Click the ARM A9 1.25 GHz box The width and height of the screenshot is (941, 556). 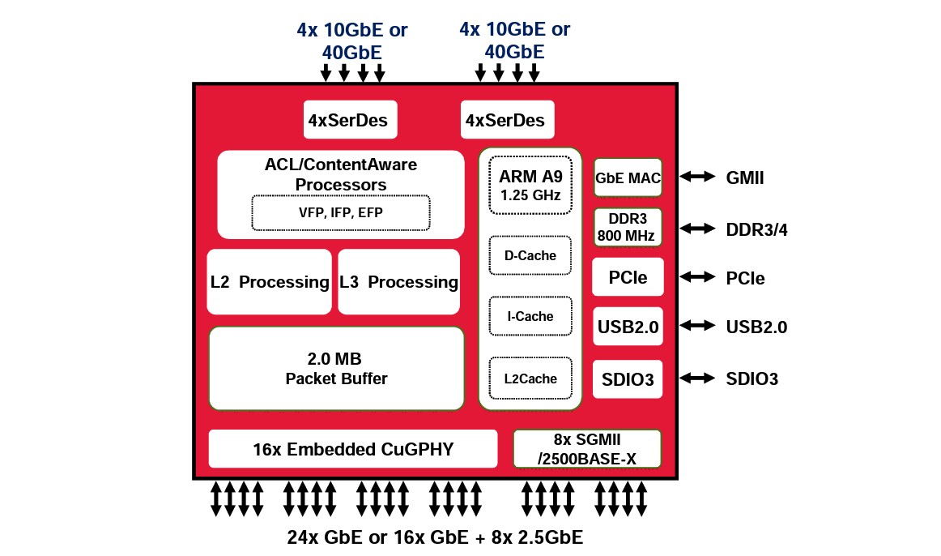pyautogui.click(x=530, y=186)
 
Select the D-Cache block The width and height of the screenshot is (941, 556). pyautogui.click(x=530, y=256)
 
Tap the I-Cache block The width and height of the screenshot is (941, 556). pyautogui.click(x=530, y=316)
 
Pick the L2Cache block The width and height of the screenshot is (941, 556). pyautogui.click(x=530, y=379)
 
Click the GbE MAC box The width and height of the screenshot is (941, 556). pyautogui.click(x=628, y=177)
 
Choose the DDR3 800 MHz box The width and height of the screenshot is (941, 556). pyautogui.click(x=628, y=228)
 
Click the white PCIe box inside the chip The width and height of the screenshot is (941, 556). pyautogui.click(x=628, y=278)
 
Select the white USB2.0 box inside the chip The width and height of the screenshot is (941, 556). pyautogui.click(x=628, y=327)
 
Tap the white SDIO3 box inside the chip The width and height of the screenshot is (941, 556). pyautogui.click(x=628, y=379)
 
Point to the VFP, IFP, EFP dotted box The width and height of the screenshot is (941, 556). pyautogui.click(x=340, y=212)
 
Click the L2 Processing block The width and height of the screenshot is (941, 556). pyautogui.click(x=269, y=282)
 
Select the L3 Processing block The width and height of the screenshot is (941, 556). pyautogui.click(x=398, y=282)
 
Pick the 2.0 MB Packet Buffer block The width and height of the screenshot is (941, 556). pyautogui.click(x=336, y=369)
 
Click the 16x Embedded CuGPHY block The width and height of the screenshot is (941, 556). pyautogui.click(x=352, y=449)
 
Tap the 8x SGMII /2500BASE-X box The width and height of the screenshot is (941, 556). pyautogui.click(x=587, y=449)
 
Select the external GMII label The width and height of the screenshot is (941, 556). pyautogui.click(x=744, y=177)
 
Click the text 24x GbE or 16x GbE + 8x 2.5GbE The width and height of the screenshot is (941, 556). pyautogui.click(x=435, y=537)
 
